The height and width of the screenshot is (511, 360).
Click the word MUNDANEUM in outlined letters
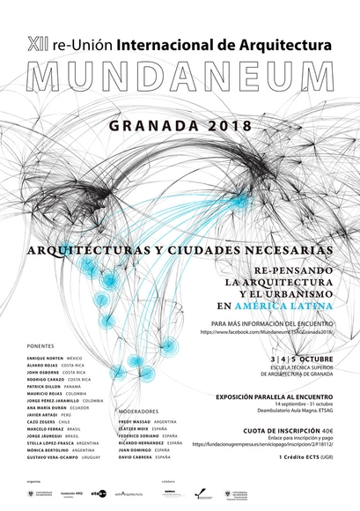(180, 78)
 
